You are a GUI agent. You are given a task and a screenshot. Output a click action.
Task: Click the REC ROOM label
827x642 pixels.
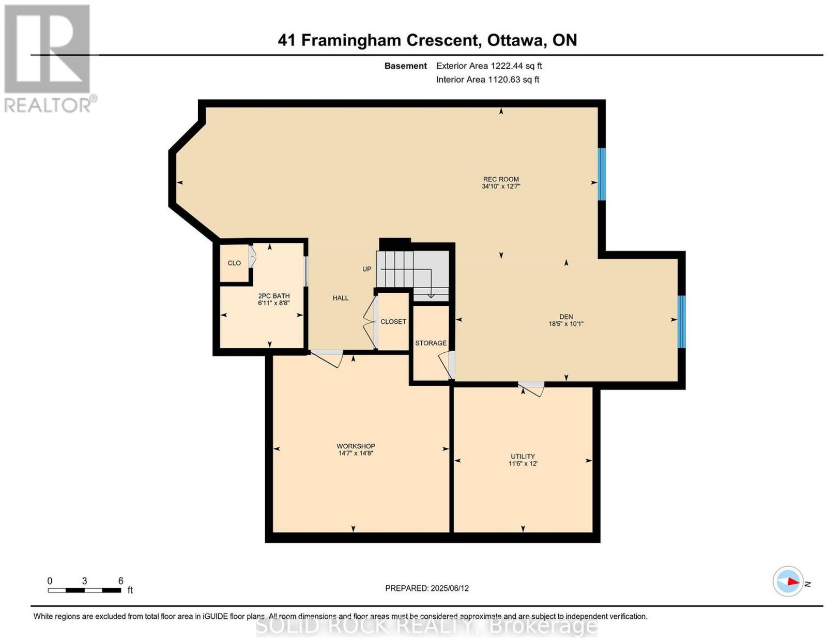click(500, 179)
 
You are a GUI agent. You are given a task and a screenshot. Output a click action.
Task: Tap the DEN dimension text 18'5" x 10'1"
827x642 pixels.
click(566, 324)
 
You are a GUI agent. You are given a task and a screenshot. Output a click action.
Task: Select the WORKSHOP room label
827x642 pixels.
click(356, 446)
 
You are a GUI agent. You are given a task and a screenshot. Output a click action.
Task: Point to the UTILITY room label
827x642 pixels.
click(523, 456)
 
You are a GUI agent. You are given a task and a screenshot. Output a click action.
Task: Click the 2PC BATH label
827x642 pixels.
click(273, 296)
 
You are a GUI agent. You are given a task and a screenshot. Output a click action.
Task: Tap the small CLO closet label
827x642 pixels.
click(234, 263)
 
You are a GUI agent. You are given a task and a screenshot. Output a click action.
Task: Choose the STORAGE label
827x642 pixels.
click(431, 343)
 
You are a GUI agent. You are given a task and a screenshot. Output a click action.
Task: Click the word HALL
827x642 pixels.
click(340, 298)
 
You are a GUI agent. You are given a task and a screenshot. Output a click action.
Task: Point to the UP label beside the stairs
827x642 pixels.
click(366, 269)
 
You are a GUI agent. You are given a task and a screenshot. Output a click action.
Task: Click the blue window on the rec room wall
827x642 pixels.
click(601, 174)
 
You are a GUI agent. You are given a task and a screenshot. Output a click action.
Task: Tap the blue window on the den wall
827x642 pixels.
click(681, 322)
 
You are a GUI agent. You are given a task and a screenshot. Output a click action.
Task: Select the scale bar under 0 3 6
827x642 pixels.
click(84, 590)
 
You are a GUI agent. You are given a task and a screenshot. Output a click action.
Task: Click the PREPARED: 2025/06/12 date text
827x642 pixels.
click(426, 588)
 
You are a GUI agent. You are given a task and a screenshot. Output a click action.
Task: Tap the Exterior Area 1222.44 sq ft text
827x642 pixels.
click(488, 66)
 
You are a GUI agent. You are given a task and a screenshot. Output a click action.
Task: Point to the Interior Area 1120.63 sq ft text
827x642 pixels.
click(487, 80)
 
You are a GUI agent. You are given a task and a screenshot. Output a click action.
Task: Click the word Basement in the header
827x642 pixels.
click(405, 66)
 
